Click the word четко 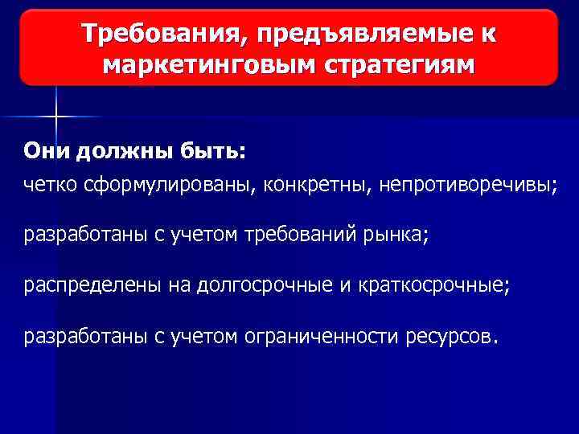tap(51, 185)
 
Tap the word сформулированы tap(171, 185)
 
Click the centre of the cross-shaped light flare tap(57, 116)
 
